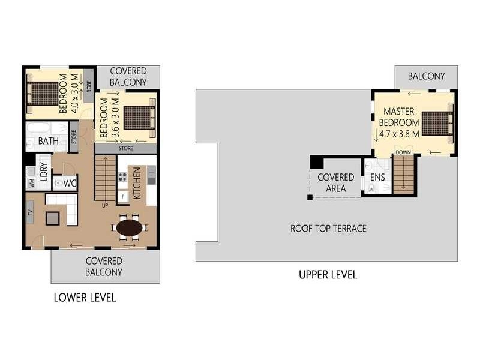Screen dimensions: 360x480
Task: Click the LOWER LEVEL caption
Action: pos(85,297)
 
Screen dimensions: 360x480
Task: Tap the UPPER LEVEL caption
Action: pos(328,275)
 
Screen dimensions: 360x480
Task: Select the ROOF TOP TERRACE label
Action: pos(328,228)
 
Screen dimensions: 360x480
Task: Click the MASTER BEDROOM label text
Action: pos(401,116)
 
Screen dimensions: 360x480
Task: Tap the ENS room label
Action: pos(377,177)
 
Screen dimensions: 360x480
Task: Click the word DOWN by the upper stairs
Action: pos(403,152)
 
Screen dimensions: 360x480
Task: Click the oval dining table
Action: pos(129,228)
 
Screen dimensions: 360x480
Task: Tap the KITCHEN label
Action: pos(137,183)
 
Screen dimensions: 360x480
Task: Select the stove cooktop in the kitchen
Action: pos(123,177)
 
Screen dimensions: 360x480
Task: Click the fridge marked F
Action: pos(124,196)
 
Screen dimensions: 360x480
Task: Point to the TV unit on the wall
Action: pos(29,212)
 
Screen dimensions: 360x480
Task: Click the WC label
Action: pos(69,182)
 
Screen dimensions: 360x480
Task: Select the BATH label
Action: pos(48,141)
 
